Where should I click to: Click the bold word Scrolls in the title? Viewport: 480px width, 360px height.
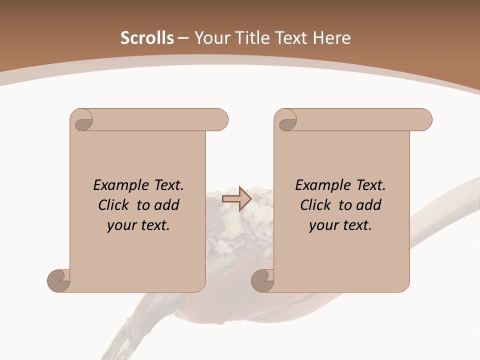pos(147,38)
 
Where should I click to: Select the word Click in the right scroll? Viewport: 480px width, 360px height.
pos(315,205)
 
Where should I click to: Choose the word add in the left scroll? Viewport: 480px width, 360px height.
pos(167,205)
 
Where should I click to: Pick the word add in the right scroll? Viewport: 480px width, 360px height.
pos(369,205)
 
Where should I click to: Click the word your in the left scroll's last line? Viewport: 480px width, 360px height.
pos(121,225)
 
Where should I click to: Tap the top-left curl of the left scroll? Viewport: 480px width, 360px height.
pos(82,120)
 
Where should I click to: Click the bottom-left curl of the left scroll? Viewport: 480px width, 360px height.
pos(59,280)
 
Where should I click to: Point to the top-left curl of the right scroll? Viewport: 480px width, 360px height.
pos(286,120)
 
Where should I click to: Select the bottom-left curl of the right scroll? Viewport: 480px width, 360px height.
pos(263,280)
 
